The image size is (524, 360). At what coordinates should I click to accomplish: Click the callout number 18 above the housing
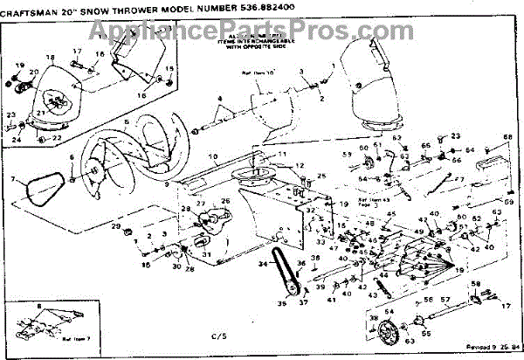(x=50, y=58)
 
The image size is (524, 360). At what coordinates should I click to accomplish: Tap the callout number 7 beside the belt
(x=14, y=179)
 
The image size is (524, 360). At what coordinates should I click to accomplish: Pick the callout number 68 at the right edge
(x=507, y=136)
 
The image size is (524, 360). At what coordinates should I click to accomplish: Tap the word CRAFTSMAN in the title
(x=35, y=10)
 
